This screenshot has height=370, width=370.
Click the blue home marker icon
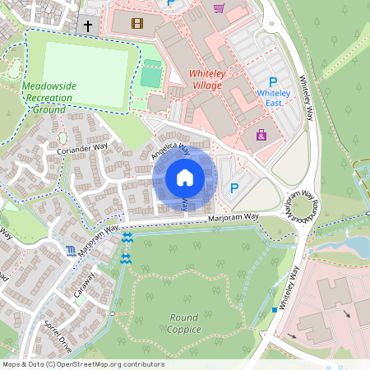[185, 178]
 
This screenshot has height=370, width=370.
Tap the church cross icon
[88, 26]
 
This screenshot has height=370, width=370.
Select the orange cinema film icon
[136, 22]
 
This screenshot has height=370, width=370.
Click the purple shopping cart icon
[219, 8]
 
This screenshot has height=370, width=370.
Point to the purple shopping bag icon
[261, 135]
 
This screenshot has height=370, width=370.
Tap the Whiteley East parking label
[273, 99]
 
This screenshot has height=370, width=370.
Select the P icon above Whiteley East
[273, 81]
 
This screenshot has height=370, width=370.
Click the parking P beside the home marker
[234, 188]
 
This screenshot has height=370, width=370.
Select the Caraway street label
[85, 287]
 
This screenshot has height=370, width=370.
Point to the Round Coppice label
[185, 323]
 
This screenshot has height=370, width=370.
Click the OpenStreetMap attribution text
[82, 364]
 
